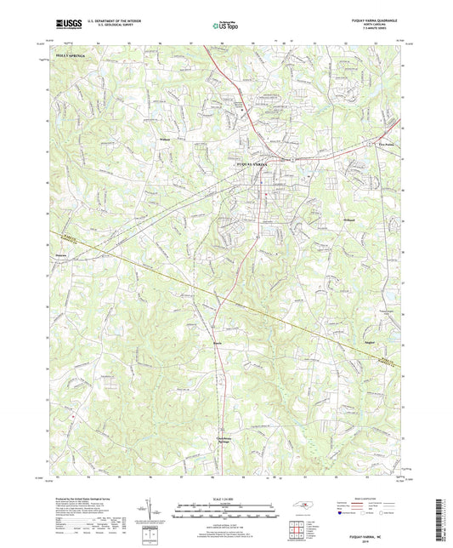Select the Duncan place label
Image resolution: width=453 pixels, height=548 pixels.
tap(59, 253)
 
